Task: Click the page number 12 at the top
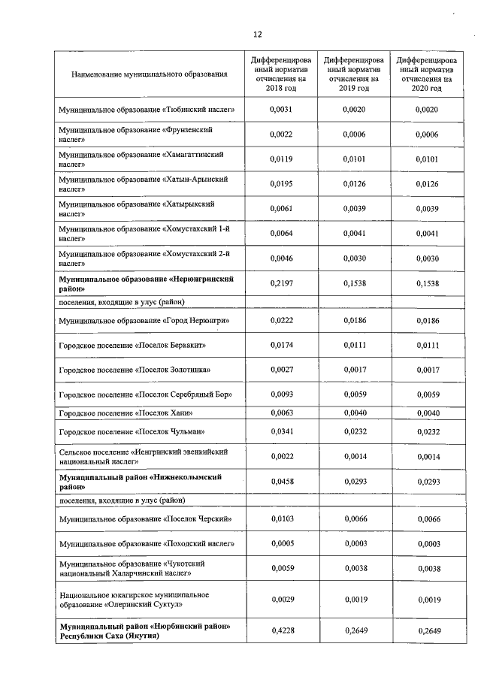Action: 257,35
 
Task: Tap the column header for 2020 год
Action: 426,73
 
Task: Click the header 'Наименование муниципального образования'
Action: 149,74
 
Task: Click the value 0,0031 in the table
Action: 280,110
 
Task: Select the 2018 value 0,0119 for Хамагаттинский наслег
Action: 280,159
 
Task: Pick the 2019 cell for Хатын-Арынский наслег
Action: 353,183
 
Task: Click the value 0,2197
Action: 280,283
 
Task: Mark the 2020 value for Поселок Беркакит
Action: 426,345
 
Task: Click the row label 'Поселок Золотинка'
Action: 135,370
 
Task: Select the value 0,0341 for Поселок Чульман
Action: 280,431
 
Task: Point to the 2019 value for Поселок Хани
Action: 353,412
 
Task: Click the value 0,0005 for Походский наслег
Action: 280,543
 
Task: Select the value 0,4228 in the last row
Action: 280,631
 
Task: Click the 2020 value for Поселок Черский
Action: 426,519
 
